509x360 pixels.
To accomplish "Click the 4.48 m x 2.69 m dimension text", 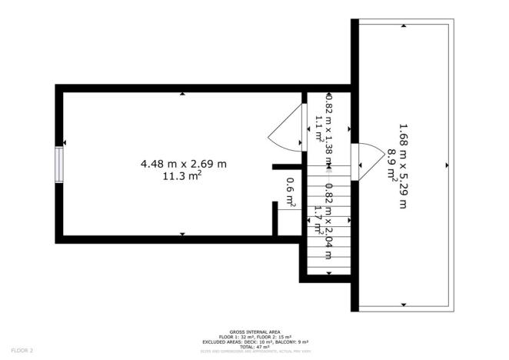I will (183, 163).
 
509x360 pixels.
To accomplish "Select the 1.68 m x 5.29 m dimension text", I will (402, 165).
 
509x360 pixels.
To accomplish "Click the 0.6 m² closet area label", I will (290, 192).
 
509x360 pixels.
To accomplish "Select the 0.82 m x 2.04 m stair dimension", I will (328, 222).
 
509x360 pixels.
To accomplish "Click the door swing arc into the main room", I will (284, 128).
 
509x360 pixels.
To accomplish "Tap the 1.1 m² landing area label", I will (318, 125).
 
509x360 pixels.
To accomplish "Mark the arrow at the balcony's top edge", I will (404, 25).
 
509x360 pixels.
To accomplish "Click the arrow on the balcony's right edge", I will (447, 165).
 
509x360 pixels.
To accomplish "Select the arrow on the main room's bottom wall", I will (182, 233).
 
